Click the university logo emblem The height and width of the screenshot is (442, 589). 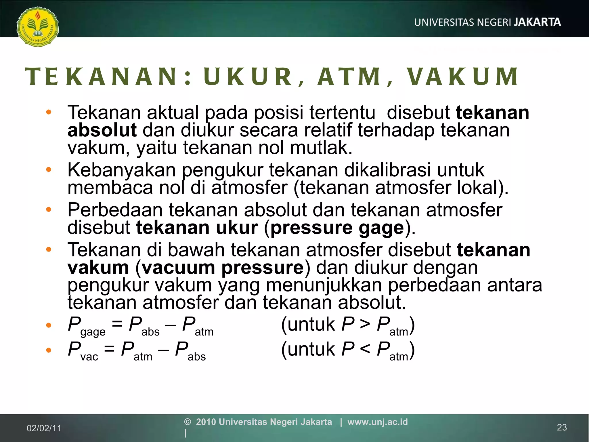(38, 27)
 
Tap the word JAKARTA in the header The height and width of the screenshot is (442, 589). (537, 22)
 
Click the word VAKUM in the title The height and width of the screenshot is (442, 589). (463, 77)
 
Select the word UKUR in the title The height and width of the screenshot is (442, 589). (248, 77)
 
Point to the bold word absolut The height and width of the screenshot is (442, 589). (102, 130)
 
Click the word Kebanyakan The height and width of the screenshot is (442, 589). (121, 170)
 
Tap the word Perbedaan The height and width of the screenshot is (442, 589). (115, 210)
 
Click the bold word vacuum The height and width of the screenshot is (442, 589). (178, 268)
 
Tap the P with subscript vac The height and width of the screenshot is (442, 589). (74, 349)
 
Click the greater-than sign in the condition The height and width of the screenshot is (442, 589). (365, 324)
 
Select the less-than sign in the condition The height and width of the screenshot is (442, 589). (365, 349)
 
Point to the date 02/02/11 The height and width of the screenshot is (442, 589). (44, 428)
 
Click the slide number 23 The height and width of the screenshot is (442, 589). (562, 427)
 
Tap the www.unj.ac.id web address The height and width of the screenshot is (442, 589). (377, 422)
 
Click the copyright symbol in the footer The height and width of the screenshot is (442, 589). (188, 422)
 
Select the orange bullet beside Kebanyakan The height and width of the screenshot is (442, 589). (49, 169)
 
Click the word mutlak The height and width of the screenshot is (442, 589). (321, 148)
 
